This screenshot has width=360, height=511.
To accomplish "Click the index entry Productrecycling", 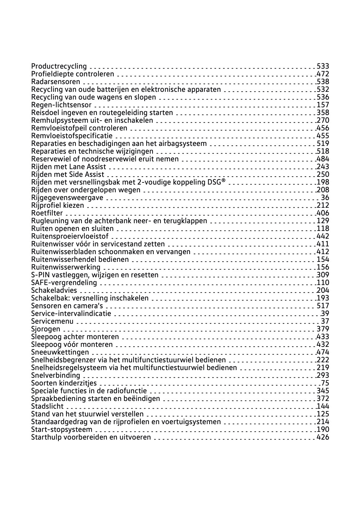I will pyautogui.click(x=59, y=66).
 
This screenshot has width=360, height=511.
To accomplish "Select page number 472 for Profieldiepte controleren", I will pyautogui.click(x=323, y=74).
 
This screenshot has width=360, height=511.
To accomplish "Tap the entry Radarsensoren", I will pyautogui.click(x=56, y=82).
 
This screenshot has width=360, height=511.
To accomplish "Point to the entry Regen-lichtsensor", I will pyautogui.click(x=61, y=105).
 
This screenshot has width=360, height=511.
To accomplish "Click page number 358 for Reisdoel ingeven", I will pyautogui.click(x=323, y=113).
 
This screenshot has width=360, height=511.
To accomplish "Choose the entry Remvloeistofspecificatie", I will pyautogui.click(x=72, y=136).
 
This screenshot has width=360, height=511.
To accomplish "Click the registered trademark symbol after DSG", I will pyautogui.click(x=223, y=181).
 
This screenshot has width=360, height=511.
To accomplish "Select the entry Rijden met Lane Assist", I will pyautogui.click(x=69, y=167).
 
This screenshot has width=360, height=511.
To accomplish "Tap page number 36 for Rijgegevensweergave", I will pyautogui.click(x=325, y=198).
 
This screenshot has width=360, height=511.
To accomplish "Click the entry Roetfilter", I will pyautogui.click(x=47, y=213).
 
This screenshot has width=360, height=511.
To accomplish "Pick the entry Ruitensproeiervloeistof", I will pyautogui.click(x=70, y=236).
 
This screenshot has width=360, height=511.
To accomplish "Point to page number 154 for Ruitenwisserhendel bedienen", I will pyautogui.click(x=323, y=259).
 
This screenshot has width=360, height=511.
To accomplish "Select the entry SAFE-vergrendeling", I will pyautogui.click(x=64, y=283).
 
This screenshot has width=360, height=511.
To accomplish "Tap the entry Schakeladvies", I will pyautogui.click(x=54, y=290).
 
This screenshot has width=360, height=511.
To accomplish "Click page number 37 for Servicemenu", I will pyautogui.click(x=325, y=321).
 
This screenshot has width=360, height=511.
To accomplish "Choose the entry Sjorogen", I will pyautogui.click(x=46, y=329).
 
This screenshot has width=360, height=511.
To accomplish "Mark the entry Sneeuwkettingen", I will pyautogui.click(x=60, y=352).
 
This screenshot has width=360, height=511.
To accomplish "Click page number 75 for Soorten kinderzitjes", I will pyautogui.click(x=325, y=383).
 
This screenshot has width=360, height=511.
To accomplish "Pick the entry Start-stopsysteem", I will pyautogui.click(x=62, y=429).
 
